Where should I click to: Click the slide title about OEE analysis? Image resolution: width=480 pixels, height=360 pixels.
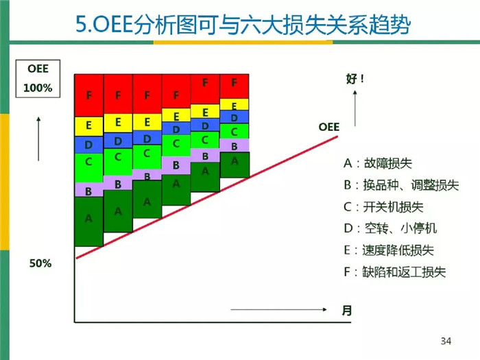pyautogui.click(x=243, y=24)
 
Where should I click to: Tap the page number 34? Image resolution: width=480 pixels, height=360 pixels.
pyautogui.click(x=446, y=341)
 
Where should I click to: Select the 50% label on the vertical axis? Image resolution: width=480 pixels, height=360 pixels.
pyautogui.click(x=40, y=263)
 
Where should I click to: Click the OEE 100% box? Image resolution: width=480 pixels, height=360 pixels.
pyautogui.click(x=38, y=79)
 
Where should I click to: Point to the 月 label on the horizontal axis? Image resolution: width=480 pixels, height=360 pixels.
pyautogui.click(x=347, y=311)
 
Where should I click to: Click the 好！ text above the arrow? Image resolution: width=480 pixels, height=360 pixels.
pyautogui.click(x=355, y=79)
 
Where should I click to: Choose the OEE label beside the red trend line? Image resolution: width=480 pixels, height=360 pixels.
pyautogui.click(x=328, y=127)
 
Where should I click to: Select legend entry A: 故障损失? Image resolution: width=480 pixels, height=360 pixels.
pyautogui.click(x=378, y=163)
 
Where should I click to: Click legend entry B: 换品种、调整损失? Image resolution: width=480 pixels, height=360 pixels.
pyautogui.click(x=401, y=185)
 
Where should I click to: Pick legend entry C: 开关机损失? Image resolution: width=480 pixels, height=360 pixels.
pyautogui.click(x=383, y=207)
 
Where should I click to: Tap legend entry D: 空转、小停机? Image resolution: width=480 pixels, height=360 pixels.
pyautogui.click(x=390, y=228)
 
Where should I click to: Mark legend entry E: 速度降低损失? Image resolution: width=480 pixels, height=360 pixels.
pyautogui.click(x=389, y=250)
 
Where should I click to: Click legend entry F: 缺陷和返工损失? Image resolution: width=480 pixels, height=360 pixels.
pyautogui.click(x=394, y=272)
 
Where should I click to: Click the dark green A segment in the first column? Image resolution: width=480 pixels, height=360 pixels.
pyautogui.click(x=88, y=221)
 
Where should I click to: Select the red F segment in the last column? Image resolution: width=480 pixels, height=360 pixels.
pyautogui.click(x=235, y=86)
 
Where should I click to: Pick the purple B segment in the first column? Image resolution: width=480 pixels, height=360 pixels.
pyautogui.click(x=88, y=190)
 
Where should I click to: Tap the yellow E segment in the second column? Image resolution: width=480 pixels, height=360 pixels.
pyautogui.click(x=118, y=123)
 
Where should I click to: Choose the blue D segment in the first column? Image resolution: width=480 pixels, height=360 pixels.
pyautogui.click(x=88, y=145)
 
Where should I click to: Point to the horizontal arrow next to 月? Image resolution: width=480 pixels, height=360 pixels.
pyautogui.click(x=278, y=309)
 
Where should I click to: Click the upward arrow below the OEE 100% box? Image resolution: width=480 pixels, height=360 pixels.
pyautogui.click(x=38, y=139)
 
